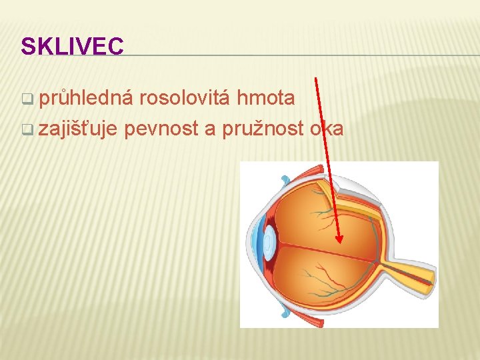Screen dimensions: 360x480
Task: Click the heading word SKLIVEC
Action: tap(72, 46)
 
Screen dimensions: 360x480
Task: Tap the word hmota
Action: tap(266, 99)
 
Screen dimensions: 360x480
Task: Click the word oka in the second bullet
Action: tap(327, 128)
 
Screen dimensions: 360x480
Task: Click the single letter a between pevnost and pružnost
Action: tap(210, 129)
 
